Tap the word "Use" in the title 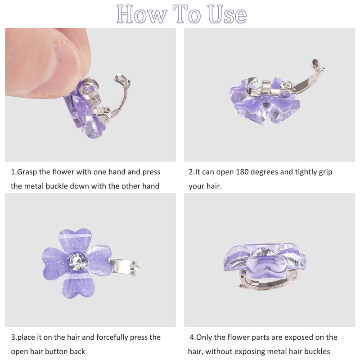coord(227,14)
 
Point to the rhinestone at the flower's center coord(78,261)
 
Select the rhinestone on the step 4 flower coord(263,252)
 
